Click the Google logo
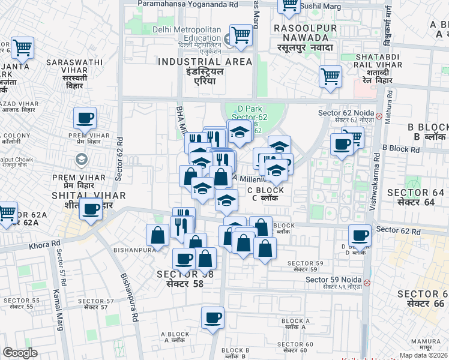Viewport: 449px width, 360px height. pyautogui.click(x=20, y=353)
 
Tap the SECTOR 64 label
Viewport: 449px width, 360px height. pyautogui.click(x=415, y=197)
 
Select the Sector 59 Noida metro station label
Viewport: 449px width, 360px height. pyautogui.click(x=333, y=280)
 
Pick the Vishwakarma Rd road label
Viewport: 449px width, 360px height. pyautogui.click(x=375, y=180)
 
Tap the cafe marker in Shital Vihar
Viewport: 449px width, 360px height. pyautogui.click(x=91, y=210)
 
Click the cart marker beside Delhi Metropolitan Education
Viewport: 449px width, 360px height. pyautogui.click(x=241, y=35)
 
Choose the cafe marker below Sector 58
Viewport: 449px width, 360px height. pyautogui.click(x=212, y=318)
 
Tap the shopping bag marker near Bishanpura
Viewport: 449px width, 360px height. pyautogui.click(x=157, y=235)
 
